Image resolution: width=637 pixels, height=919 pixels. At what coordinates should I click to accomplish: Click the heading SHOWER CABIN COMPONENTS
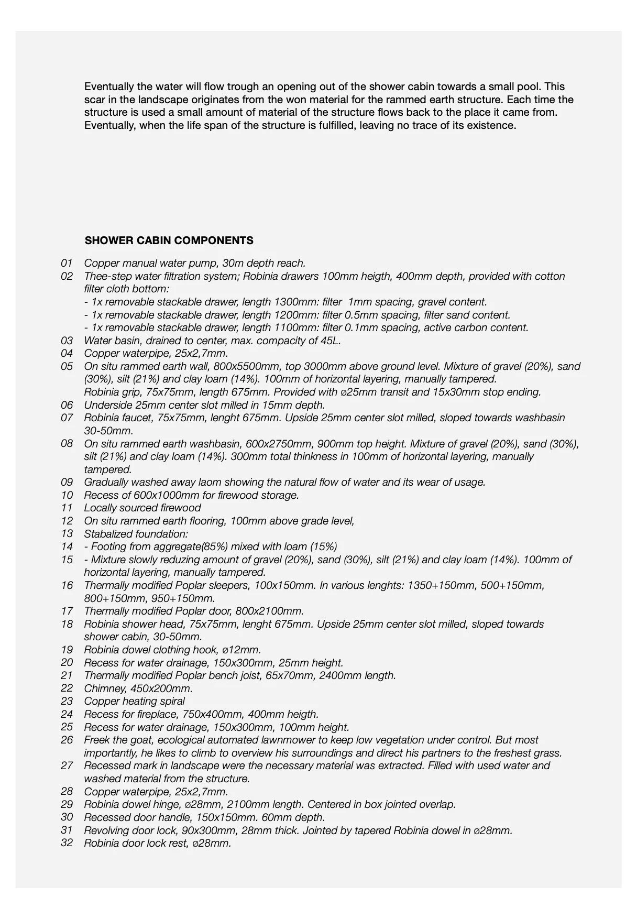pyautogui.click(x=169, y=240)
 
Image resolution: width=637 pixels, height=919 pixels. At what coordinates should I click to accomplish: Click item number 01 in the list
pyautogui.click(x=67, y=263)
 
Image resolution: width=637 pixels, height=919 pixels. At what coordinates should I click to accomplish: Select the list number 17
pyautogui.click(x=67, y=611)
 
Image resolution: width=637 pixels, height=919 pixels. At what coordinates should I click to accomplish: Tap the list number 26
pyautogui.click(x=67, y=740)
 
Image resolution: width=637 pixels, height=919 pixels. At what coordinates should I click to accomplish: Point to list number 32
pyautogui.click(x=67, y=843)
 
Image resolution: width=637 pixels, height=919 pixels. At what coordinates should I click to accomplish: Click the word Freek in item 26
pyautogui.click(x=97, y=740)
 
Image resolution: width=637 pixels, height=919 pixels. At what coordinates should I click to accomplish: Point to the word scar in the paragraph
pyautogui.click(x=94, y=100)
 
